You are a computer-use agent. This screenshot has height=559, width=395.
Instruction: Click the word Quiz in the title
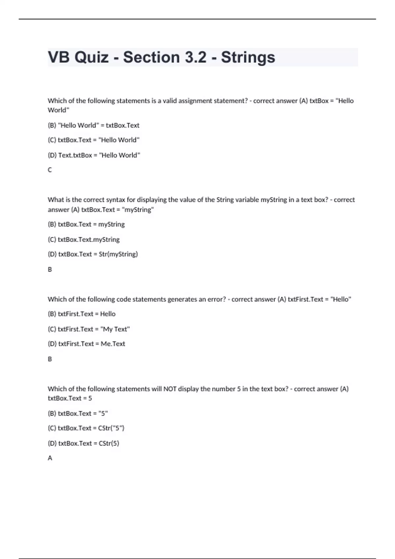coord(91,57)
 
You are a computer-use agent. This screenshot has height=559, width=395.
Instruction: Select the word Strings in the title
coord(248,57)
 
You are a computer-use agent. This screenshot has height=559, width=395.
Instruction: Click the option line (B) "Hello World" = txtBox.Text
coord(93,125)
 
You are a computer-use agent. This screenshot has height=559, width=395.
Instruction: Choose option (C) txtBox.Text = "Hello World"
coord(93,140)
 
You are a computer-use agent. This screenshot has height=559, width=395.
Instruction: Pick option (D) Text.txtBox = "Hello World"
coord(94,155)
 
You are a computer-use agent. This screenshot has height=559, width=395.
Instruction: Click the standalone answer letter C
coord(50,170)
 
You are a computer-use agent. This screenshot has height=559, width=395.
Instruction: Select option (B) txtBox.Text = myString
coord(86,224)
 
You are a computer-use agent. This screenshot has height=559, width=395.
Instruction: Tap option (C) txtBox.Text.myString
coord(84,239)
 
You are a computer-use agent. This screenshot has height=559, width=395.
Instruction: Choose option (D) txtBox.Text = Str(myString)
coord(93,254)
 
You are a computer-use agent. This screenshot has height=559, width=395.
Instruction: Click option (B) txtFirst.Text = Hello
coord(82,314)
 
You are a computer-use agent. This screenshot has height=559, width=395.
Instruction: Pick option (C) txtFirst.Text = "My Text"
coord(89,329)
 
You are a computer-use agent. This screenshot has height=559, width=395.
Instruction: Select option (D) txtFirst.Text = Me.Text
coord(86,344)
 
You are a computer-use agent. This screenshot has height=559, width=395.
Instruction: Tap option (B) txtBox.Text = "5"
coord(78,413)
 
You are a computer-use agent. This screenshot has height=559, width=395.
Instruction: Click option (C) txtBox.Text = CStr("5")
coord(86,428)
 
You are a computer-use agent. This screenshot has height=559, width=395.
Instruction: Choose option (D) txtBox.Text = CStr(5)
coord(83,443)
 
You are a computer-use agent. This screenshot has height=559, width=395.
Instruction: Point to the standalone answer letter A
coord(50,458)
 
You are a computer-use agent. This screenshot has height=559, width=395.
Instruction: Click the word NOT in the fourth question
coord(170,389)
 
